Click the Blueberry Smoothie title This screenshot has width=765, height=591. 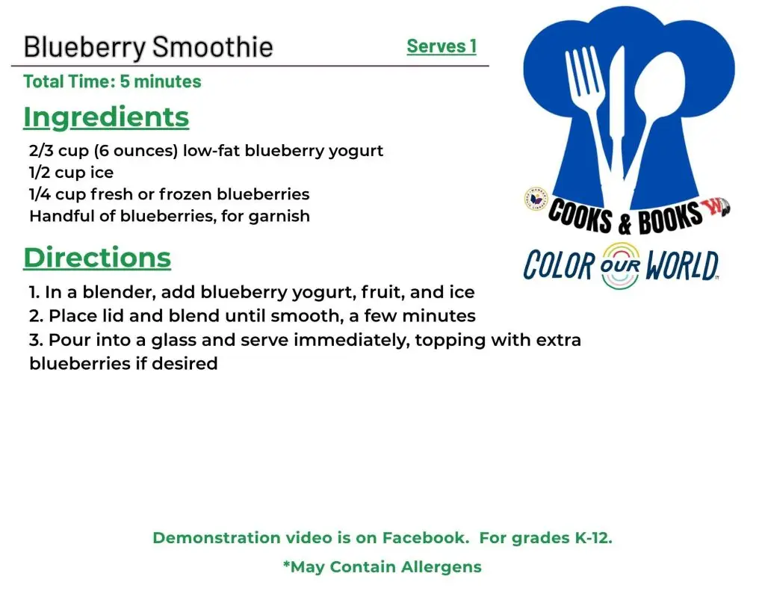coord(149,47)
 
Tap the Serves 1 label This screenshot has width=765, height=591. coord(442,46)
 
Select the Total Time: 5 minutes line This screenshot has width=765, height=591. coord(112,81)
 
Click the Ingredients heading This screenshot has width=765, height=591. coord(106,117)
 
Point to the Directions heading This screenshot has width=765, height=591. coord(97,258)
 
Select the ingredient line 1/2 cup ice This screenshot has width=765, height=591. coord(72,173)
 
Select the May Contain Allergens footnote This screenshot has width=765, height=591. coord(382,567)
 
